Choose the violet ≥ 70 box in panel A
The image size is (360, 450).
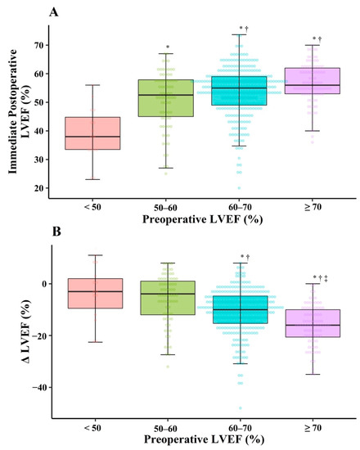(x=312, y=80)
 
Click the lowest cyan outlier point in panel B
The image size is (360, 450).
(x=239, y=407)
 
